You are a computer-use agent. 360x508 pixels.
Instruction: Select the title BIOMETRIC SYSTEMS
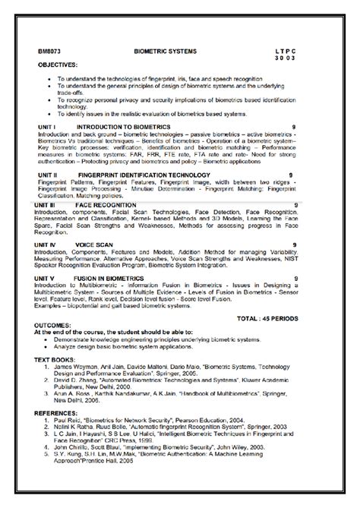click(165, 50)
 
